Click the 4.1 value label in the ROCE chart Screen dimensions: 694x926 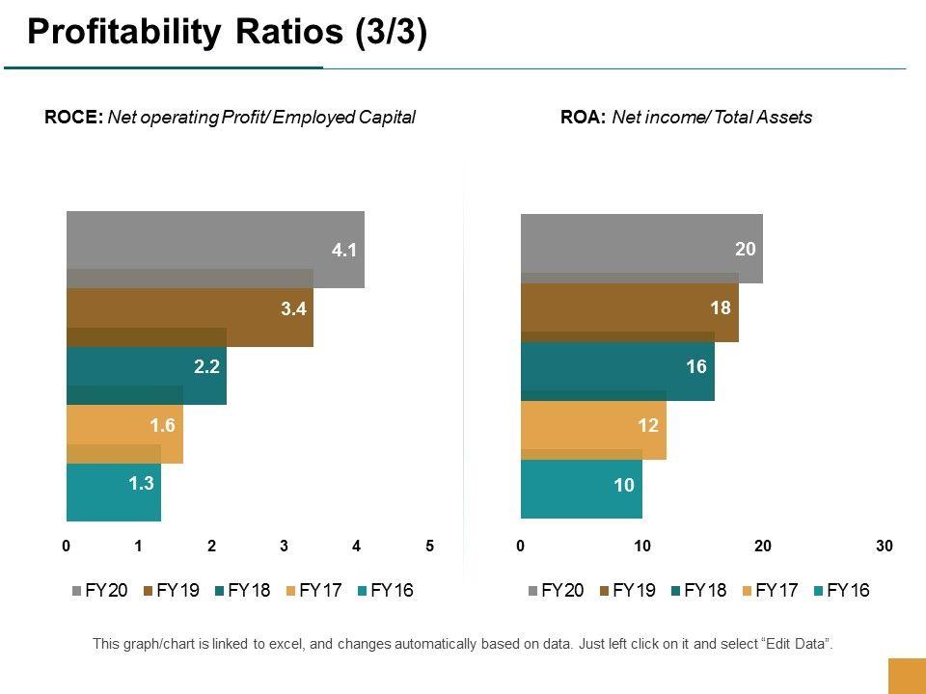[344, 251]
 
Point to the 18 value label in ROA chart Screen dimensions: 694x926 [721, 308]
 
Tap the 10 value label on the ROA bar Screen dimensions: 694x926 [624, 485]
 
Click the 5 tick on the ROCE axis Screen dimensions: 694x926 [430, 547]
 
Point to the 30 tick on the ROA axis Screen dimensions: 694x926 [885, 547]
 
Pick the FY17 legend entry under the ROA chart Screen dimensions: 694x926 [770, 591]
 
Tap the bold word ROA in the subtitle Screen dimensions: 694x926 [583, 118]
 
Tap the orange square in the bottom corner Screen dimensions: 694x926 [906, 676]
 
